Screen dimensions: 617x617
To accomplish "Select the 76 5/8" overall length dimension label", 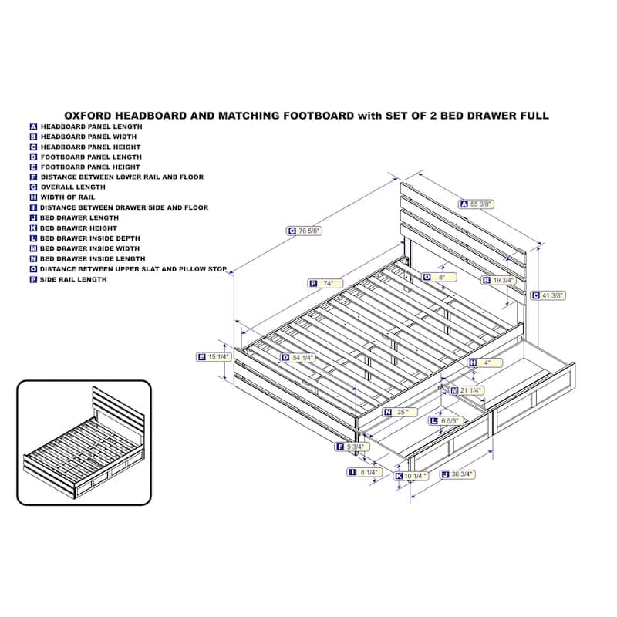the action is tap(304, 231).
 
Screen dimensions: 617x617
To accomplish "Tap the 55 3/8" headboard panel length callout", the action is tap(476, 204).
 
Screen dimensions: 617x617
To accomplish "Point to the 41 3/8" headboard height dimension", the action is tap(548, 295).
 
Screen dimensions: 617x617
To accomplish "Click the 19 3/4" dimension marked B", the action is tap(498, 280).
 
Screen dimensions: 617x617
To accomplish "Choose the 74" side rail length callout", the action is tap(325, 283).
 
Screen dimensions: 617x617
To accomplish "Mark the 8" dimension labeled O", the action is tap(439, 277).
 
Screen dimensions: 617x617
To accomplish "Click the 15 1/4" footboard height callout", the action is tap(214, 357).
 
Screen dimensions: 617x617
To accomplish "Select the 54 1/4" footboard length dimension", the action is tap(298, 358).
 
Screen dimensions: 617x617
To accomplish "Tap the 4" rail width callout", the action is tap(485, 362).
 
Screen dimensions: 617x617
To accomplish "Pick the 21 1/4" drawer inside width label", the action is tap(467, 391).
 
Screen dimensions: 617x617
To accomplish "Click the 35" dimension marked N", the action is tap(400, 412).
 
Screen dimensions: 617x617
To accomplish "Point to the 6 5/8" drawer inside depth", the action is tap(446, 421).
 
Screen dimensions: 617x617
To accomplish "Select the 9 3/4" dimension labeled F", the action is tap(352, 447).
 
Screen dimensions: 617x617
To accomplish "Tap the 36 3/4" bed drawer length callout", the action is tap(457, 474).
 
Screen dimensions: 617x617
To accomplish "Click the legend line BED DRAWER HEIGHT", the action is tap(79, 228).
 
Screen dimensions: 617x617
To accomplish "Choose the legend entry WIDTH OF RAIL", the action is tap(68, 197).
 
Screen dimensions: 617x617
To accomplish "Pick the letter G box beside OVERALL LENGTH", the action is tap(33, 187).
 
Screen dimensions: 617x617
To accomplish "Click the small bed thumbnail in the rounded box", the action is tap(84, 443).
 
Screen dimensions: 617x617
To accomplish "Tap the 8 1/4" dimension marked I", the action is tap(364, 472).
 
